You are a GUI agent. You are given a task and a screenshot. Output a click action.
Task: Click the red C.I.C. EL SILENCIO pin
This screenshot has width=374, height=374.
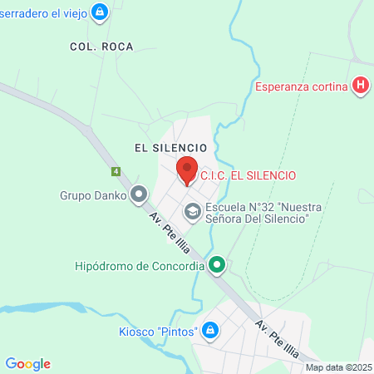tap(187, 170)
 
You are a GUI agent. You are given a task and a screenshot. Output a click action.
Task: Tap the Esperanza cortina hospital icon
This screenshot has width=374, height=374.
tap(360, 86)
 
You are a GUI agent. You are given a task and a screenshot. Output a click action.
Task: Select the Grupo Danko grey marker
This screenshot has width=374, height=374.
tap(139, 196)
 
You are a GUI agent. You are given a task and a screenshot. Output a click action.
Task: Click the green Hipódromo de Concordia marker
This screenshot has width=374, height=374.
tap(217, 266)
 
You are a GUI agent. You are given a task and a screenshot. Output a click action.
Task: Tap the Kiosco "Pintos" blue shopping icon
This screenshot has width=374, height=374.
tap(210, 332)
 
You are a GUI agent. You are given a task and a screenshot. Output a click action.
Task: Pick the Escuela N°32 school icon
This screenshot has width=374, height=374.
tap(193, 212)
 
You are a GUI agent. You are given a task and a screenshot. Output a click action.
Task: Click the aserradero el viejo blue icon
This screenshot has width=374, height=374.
tap(100, 12)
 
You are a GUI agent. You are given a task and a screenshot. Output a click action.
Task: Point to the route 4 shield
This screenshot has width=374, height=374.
tap(116, 172)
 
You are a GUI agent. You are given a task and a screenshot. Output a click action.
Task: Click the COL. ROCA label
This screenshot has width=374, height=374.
tap(96, 47)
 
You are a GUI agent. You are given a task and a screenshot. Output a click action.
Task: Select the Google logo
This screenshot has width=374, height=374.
tap(28, 363)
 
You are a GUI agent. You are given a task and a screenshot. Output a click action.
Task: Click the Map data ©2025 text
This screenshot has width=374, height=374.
tap(338, 367)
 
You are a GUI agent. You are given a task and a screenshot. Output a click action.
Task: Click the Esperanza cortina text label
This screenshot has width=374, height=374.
tap(301, 86)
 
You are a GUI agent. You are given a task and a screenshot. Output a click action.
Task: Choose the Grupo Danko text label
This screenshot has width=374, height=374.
tap(92, 196)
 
